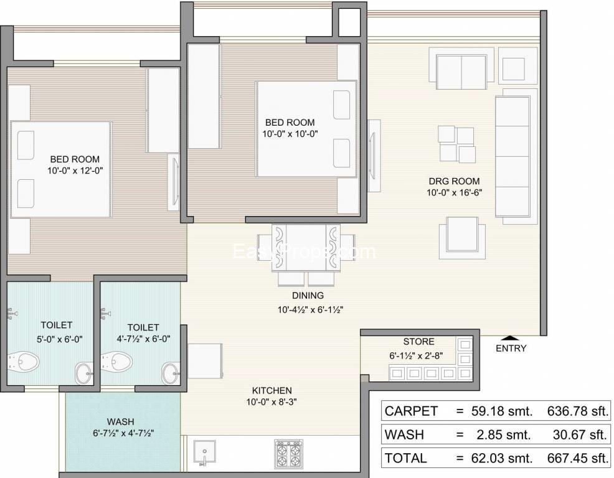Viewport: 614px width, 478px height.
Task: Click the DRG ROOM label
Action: [454, 181]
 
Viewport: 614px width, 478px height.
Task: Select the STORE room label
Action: [418, 342]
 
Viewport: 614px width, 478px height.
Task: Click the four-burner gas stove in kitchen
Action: [288, 453]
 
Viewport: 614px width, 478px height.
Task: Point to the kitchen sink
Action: [204, 453]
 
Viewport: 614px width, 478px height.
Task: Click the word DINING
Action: [308, 296]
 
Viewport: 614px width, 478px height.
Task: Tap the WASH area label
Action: [121, 422]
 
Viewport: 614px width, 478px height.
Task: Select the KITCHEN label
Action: [272, 391]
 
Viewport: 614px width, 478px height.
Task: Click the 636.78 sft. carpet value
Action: [578, 411]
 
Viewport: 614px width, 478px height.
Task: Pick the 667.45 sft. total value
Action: [578, 458]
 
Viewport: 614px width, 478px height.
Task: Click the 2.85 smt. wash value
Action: [504, 434]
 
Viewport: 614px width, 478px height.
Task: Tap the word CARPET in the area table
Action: [411, 411]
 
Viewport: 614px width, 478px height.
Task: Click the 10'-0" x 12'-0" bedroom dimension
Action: [75, 171]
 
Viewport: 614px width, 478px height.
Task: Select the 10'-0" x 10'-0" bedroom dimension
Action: [290, 134]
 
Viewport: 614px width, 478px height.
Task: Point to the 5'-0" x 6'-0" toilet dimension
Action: [60, 339]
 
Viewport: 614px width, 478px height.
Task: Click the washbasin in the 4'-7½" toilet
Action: [171, 373]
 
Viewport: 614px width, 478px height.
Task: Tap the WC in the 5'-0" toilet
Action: [24, 361]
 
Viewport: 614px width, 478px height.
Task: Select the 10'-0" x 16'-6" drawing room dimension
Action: [454, 192]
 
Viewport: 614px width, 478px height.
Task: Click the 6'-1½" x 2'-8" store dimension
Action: [422, 356]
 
